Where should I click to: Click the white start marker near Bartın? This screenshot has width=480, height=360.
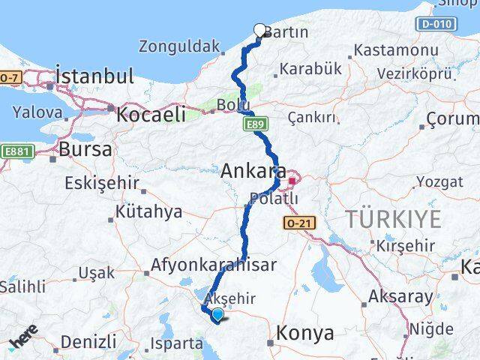click(x=260, y=31)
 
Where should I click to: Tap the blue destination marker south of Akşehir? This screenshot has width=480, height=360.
click(x=217, y=315)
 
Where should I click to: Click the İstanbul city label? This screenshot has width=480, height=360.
click(x=94, y=76)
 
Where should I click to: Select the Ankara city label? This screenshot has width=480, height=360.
click(x=247, y=171)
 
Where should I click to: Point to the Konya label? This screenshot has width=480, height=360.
click(x=305, y=334)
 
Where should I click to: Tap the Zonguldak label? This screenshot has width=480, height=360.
click(x=179, y=46)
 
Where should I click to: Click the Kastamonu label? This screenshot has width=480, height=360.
click(x=395, y=51)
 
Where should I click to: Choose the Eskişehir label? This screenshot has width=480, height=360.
click(x=102, y=183)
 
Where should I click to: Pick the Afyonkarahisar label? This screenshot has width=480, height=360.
click(x=213, y=265)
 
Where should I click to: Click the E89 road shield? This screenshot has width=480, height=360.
click(x=253, y=124)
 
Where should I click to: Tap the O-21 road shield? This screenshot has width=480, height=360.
click(x=298, y=223)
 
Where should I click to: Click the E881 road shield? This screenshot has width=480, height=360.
click(x=16, y=150)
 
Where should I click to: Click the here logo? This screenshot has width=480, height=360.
click(x=23, y=339)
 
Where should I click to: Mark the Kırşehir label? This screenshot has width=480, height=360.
click(x=406, y=245)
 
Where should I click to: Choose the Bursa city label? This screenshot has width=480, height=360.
click(x=85, y=148)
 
